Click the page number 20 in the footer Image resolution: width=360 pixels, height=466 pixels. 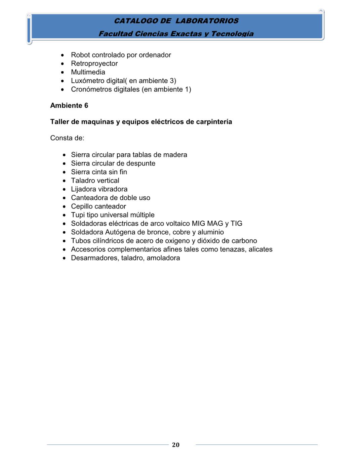click(175, 445)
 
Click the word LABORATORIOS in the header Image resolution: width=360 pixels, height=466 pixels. click(207, 21)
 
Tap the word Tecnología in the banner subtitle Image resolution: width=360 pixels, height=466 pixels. click(232, 34)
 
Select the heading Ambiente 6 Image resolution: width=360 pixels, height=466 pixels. click(69, 106)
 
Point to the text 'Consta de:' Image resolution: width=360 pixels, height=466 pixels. click(67, 138)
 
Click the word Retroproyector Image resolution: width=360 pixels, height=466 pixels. click(94, 64)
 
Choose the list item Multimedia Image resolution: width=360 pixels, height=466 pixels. click(88, 72)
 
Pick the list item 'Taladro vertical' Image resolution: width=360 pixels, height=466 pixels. click(95, 181)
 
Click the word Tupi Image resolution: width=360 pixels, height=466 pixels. click(78, 215)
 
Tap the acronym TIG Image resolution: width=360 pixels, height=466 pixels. click(236, 224)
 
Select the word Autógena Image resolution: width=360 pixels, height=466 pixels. click(120, 232)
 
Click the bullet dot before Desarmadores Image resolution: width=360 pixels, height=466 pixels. click(64, 258)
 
